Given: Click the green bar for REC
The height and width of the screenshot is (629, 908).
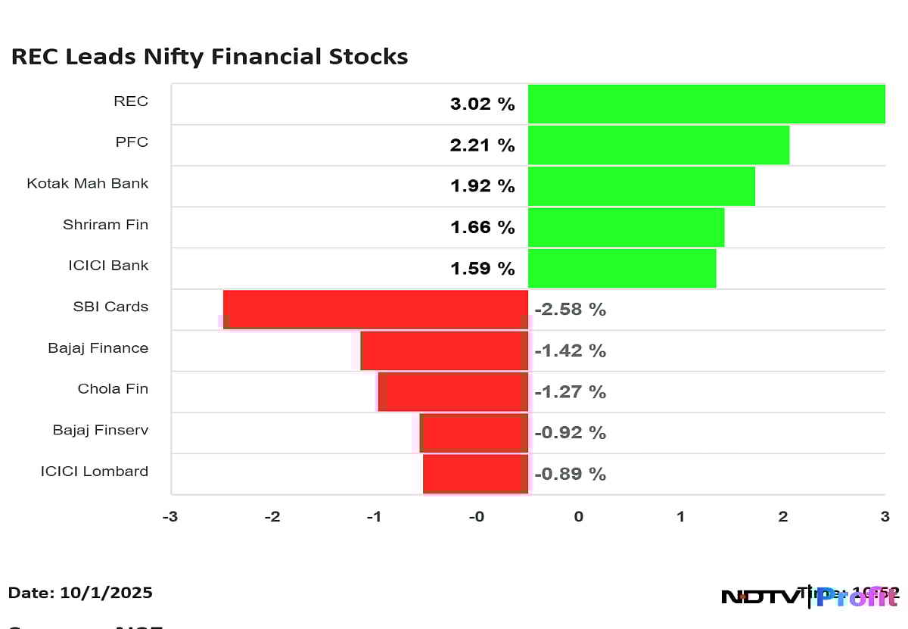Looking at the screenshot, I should pos(706,104).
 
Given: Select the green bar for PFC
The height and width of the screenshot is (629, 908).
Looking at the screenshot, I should pos(658,145).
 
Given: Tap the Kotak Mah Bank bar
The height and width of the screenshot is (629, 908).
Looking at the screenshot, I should pos(641,186).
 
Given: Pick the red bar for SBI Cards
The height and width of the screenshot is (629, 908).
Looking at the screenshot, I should pos(375,310).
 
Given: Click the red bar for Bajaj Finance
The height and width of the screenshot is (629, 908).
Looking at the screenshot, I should pos(444,350).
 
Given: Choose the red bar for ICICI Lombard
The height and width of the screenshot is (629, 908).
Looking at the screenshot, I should pos(475,474).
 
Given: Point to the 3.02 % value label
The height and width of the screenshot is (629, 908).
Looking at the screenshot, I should pos(482,104).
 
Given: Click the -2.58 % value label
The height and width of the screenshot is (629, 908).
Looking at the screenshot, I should pos(571,310).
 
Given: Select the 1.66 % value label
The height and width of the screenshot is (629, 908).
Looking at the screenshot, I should pos(482,227).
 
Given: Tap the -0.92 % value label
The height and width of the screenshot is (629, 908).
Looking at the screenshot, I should pos(571,433).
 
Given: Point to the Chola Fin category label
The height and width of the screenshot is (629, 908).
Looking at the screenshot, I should pos(113,389).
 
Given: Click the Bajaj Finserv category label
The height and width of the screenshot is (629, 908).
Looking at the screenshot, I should pos(101,430).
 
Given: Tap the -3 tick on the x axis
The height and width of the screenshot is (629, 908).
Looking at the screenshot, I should pos(170,517).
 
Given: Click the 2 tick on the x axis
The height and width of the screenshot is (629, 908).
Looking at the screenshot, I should pos(782,517).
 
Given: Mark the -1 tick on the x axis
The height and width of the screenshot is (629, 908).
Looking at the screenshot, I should pos(375,517).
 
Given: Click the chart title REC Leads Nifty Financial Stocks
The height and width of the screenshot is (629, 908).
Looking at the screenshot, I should pos(210,57).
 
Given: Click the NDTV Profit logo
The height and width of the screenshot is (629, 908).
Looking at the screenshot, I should pos(810,596).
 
